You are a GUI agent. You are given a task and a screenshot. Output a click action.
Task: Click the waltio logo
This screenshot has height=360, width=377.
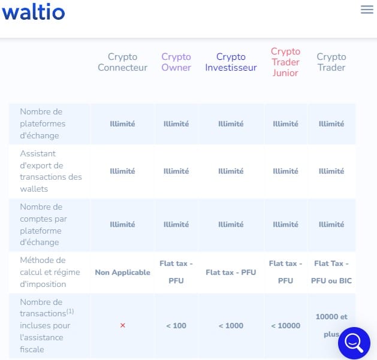pos(34,11)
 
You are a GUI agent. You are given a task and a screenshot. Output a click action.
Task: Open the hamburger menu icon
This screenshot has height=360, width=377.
pos(367,10)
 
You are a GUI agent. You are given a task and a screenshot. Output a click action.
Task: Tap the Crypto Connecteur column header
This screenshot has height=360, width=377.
pos(123,62)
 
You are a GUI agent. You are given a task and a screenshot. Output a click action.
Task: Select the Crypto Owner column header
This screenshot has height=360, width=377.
pos(176,62)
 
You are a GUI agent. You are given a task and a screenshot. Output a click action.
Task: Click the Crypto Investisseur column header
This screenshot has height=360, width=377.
pos(231,62)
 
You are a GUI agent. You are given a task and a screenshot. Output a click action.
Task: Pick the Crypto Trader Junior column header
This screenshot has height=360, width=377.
pos(285,62)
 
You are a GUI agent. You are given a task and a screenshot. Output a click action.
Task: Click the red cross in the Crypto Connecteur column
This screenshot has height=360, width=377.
pos(123,325)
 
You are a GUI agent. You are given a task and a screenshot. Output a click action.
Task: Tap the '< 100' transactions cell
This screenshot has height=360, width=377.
pos(176,326)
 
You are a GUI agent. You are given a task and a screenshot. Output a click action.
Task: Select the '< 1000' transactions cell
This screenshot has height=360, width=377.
pos(231,326)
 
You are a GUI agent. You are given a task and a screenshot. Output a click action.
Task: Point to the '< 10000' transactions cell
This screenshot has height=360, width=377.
pos(285,326)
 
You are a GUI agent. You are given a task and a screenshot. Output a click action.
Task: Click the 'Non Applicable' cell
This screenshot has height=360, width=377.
pos(123,273)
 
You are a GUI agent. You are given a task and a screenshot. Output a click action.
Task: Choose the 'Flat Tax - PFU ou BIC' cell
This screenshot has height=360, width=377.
pos(331,272)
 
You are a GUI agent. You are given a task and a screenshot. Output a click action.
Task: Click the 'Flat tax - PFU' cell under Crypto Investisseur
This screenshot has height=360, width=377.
pos(231,273)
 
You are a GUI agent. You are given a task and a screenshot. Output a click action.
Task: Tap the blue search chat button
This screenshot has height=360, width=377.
pos(354,343)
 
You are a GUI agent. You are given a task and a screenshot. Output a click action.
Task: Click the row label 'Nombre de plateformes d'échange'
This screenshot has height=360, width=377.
pos(43,123)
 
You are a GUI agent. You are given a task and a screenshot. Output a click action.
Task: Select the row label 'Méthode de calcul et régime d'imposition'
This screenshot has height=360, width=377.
pos(50,272)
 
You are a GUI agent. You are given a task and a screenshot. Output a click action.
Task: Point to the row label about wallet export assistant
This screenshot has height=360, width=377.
pos(51,171)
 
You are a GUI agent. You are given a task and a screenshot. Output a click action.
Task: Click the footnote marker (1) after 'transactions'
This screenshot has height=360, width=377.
pos(70,311)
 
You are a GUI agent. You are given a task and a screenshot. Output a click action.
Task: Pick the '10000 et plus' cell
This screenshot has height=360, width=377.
pos(331,325)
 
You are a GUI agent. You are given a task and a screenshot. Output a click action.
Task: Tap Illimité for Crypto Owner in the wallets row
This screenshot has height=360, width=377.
pos(176,171)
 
